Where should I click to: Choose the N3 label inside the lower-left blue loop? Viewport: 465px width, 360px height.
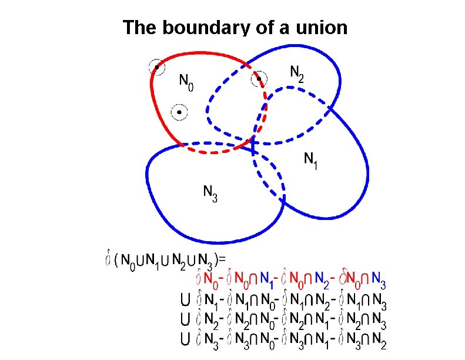coord(210,193)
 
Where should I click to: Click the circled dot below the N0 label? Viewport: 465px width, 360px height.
coord(179,112)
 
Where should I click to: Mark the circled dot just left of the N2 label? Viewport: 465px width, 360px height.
coord(259,78)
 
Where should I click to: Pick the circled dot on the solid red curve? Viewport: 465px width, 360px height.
coord(156,67)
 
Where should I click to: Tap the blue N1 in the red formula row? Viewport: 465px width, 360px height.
coord(267,277)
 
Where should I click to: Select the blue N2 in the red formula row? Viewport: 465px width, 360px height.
coord(322,277)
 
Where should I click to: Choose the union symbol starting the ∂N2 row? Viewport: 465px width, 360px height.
coord(185,321)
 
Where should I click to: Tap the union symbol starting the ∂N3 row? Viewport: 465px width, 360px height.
coord(185,339)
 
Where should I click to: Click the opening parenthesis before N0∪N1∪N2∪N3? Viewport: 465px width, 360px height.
coord(116,259)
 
